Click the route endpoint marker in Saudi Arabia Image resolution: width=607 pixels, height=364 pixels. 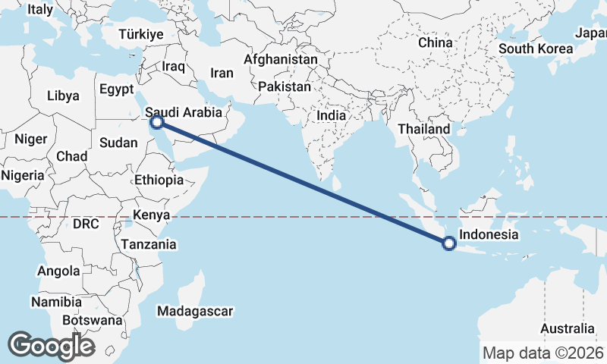tap(156, 122)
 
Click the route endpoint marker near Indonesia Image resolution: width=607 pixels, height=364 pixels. tap(448, 243)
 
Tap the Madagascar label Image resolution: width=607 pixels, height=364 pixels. tap(194, 311)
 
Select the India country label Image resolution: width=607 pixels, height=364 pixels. tap(331, 116)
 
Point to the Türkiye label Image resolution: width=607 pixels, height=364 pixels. tap(141, 35)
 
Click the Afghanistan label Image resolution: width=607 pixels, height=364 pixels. tap(281, 59)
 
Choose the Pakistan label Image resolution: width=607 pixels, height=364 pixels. tap(284, 86)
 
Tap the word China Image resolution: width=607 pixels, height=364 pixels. tap(435, 42)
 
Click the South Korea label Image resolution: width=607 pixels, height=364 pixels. tap(535, 49)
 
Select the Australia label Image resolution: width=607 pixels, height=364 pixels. tap(568, 329)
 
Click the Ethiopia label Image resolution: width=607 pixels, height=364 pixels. tap(159, 180)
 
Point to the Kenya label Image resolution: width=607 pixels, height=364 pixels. tap(151, 215)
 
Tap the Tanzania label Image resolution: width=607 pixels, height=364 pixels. tap(149, 244)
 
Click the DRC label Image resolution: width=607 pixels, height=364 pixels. tap(86, 224)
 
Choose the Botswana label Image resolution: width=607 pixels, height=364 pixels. tap(93, 320)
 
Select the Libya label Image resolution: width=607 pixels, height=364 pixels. tap(63, 96)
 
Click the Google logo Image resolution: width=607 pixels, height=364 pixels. tap(51, 346)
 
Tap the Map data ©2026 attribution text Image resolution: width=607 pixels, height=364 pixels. tap(543, 353)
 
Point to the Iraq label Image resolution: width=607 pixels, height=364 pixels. tap(174, 67)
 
